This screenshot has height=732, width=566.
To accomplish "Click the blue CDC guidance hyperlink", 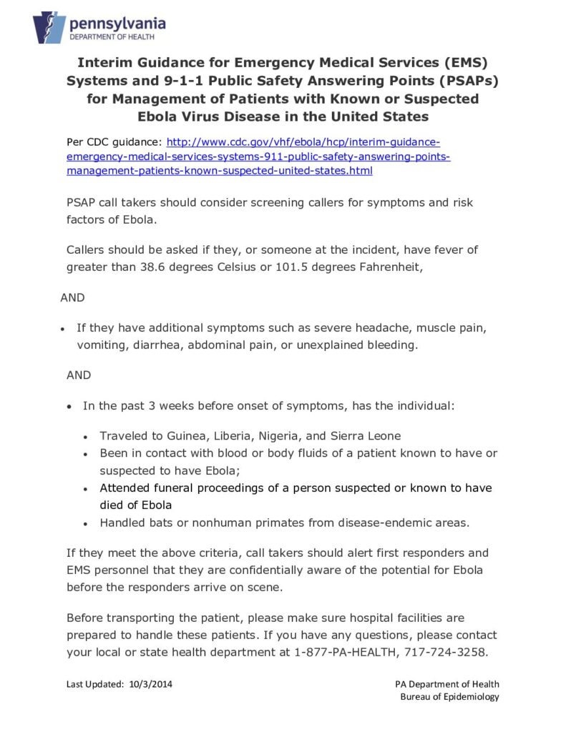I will [x=258, y=156].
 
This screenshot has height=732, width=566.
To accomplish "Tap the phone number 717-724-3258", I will [x=445, y=652].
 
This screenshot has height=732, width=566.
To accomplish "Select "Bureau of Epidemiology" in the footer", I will [x=449, y=697].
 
